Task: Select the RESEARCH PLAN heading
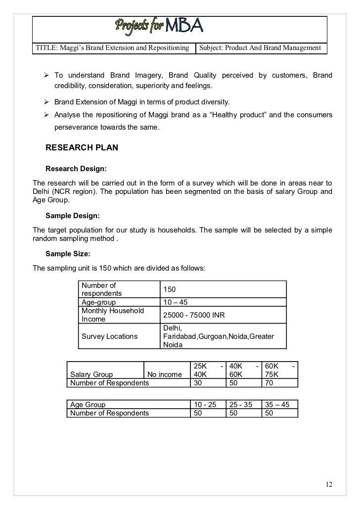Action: tap(82, 147)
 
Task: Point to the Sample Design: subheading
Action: tap(73, 216)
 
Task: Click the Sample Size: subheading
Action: tap(68, 254)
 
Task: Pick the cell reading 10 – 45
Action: tap(175, 302)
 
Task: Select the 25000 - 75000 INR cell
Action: tap(194, 315)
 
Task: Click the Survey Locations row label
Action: tap(109, 336)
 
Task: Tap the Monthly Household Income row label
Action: tap(113, 315)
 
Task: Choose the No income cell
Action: tap(165, 374)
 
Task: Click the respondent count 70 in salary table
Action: tap(270, 383)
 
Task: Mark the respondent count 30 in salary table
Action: tap(198, 383)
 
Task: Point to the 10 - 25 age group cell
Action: tap(205, 404)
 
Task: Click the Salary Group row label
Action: tap(92, 374)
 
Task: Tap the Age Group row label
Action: tap(88, 404)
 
